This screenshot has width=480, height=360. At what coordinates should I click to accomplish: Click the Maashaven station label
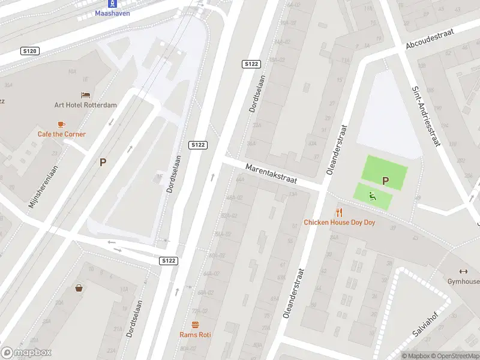pos(112,13)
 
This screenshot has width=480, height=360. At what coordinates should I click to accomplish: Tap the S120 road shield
pos(29,52)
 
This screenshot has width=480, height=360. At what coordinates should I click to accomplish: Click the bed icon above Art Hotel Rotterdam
pos(86,95)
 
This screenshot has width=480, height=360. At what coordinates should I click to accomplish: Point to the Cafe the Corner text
pos(62,134)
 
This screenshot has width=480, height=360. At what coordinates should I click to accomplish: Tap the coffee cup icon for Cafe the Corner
pos(61,124)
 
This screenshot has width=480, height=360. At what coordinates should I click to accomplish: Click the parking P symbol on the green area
pos(385,180)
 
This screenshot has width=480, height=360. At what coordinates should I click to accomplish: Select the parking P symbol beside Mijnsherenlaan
pos(103,162)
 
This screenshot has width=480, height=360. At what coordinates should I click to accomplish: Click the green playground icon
pos(373,195)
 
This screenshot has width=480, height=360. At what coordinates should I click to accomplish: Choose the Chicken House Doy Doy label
pos(339,223)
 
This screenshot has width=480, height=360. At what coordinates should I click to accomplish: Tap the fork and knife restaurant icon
pos(339,212)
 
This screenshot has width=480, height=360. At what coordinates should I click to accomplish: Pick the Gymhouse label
pos(463,282)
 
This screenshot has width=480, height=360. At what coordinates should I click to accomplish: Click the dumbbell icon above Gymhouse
pos(463,271)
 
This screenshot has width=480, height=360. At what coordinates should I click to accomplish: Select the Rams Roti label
pos(195,335)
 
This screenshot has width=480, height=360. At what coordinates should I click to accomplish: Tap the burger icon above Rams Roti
pos(195,325)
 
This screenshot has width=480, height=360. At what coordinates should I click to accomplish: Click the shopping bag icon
pos(79,287)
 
